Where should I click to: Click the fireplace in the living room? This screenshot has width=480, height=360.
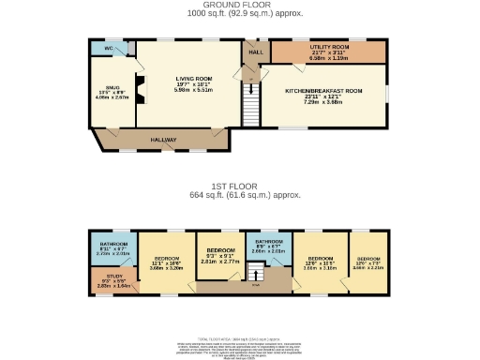[x=139, y=90]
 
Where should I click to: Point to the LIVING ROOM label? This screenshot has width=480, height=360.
[x=193, y=78]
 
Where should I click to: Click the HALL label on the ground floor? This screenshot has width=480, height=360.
[x=255, y=52]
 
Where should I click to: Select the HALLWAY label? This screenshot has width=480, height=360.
[x=168, y=139]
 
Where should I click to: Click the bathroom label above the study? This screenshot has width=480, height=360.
[x=113, y=244]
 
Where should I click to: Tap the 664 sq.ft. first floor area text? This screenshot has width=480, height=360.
[x=245, y=195]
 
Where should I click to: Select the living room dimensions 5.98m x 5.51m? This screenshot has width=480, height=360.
[x=193, y=89]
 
